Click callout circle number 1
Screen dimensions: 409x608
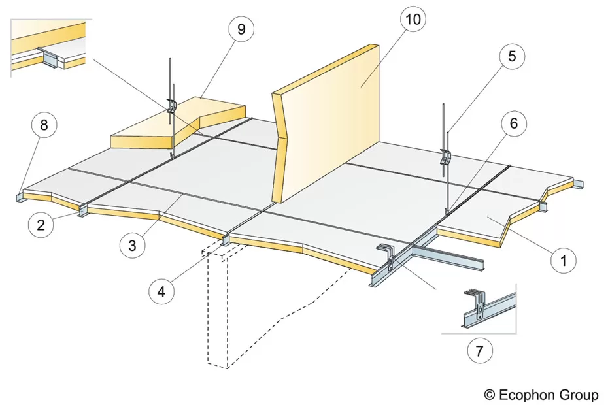pyautogui.click(x=560, y=261)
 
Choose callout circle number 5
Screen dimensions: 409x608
pyautogui.click(x=511, y=56)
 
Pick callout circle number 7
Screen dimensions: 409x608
pyautogui.click(x=480, y=352)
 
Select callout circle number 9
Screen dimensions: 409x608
pyautogui.click(x=241, y=29)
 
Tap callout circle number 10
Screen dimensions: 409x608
pyautogui.click(x=413, y=20)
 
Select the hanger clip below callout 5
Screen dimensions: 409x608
pyautogui.click(x=447, y=157)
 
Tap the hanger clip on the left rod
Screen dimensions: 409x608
pyautogui.click(x=172, y=106)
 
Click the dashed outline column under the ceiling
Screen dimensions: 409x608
pyautogui.click(x=218, y=307)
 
